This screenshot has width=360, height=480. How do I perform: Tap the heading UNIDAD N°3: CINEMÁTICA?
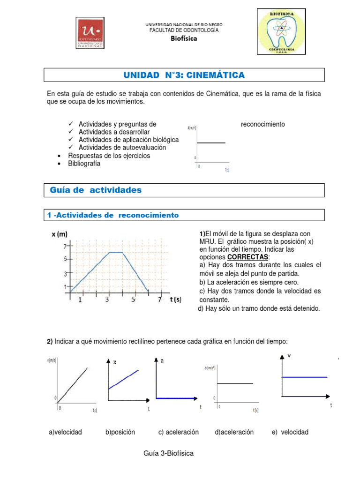[x=184, y=75]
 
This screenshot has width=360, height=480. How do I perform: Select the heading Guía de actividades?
[x=95, y=190]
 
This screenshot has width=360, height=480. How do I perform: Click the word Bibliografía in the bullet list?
[x=84, y=164]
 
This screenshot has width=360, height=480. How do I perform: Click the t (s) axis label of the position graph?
[x=176, y=299]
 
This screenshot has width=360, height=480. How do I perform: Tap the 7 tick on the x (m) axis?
[x=65, y=246]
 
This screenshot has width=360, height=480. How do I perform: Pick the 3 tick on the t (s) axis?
[x=107, y=300]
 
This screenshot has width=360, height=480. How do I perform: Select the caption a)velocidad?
[x=65, y=432]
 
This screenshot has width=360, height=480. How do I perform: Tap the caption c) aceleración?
[x=179, y=432]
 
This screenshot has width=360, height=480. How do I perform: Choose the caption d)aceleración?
[x=234, y=432]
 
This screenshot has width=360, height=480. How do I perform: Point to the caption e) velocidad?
[x=290, y=432]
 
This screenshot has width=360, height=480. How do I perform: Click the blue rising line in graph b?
[x=124, y=379]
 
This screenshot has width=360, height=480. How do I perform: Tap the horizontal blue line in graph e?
[x=304, y=377]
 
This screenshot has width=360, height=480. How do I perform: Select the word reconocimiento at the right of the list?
[x=262, y=124]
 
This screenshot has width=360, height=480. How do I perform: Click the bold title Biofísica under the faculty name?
[x=183, y=38]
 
